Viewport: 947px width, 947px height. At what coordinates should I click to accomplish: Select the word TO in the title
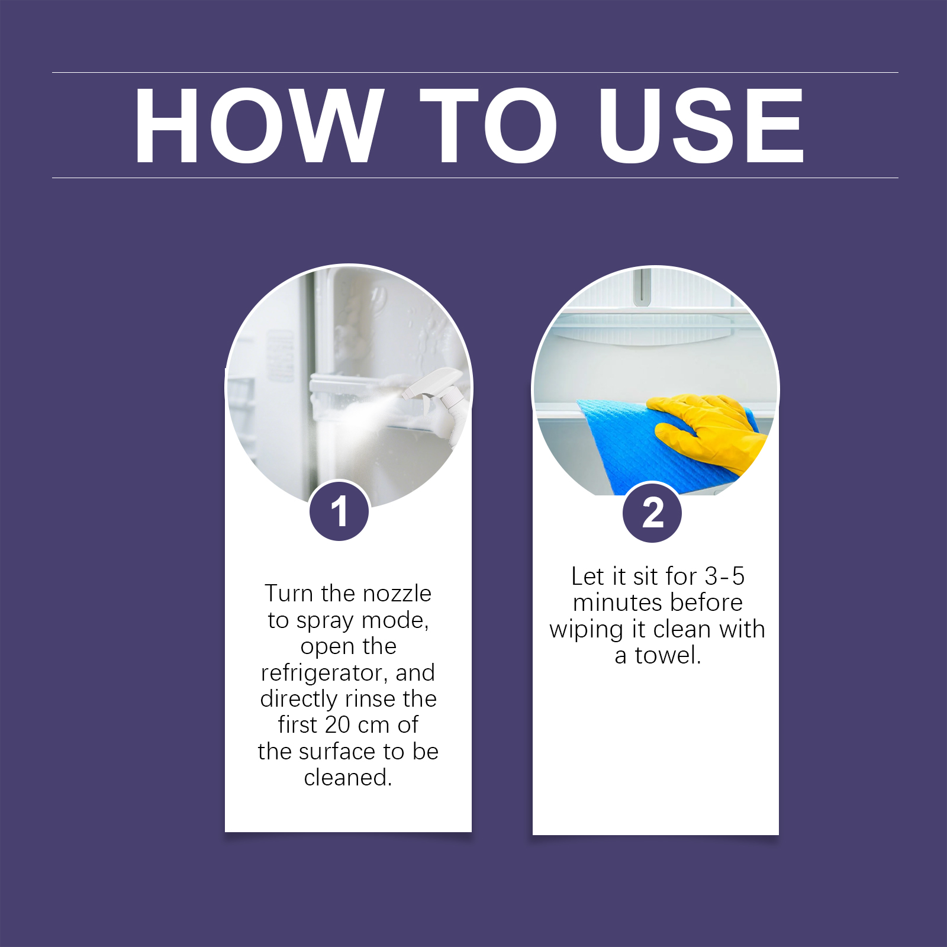488,125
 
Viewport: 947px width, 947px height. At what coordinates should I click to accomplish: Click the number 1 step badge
339,511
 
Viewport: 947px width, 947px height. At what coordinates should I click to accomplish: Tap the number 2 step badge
652,513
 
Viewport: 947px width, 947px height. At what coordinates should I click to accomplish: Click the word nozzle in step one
397,593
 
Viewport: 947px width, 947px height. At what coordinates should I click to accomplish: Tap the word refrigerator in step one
324,674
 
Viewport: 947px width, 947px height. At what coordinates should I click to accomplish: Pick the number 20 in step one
337,724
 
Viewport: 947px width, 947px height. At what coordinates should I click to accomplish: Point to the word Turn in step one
288,593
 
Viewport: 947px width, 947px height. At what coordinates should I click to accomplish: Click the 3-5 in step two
724,576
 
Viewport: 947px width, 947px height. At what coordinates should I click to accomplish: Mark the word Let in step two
588,576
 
